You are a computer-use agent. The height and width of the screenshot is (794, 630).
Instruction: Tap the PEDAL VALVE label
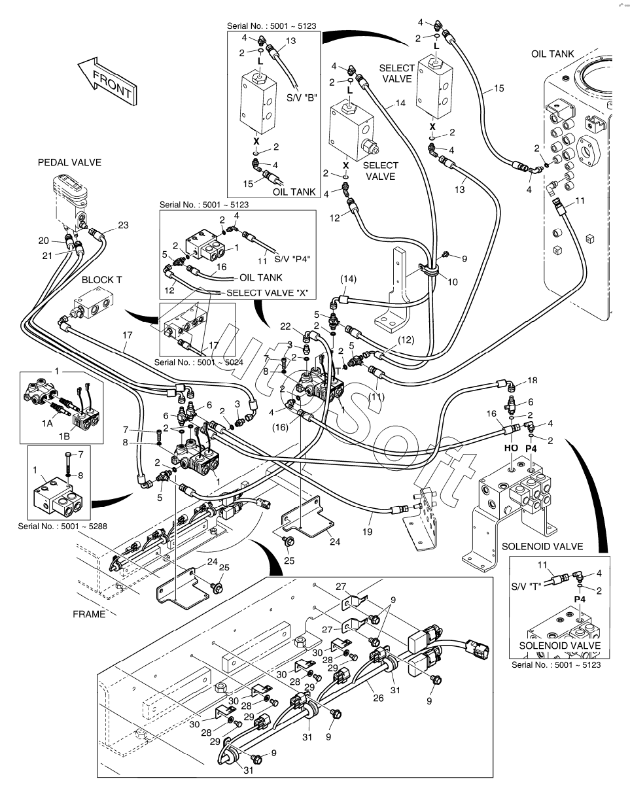[x=69, y=162]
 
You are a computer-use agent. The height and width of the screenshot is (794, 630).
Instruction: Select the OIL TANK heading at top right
[x=552, y=53]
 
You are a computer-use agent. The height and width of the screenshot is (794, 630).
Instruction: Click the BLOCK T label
[x=101, y=280]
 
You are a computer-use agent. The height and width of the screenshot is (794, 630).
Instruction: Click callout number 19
[x=368, y=532]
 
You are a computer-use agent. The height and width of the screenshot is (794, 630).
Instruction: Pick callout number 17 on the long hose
[x=126, y=334]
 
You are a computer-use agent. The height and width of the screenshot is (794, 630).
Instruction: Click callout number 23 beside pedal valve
[x=124, y=226]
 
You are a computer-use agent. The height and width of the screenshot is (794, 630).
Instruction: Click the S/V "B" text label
[x=302, y=99]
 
